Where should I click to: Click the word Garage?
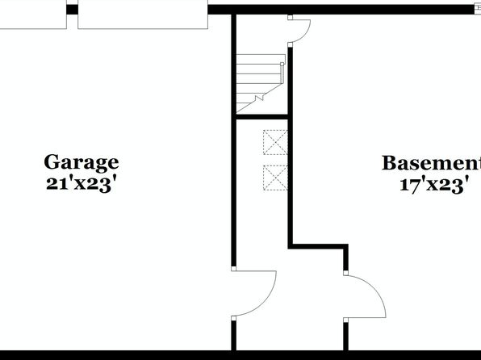pos(82,163)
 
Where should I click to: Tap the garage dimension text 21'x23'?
pos(82,184)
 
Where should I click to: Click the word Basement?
pos(431,163)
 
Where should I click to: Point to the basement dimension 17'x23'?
pos(434,185)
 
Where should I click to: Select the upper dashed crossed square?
pos(275,142)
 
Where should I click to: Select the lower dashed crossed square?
pos(275,178)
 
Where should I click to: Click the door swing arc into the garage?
pos(267,301)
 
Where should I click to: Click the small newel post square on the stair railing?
pos(282,64)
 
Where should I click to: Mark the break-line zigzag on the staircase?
pos(260,98)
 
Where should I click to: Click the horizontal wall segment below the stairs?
pos(262,116)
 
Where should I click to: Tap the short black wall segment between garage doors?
pos(72,10)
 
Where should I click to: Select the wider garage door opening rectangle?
pos(143,15)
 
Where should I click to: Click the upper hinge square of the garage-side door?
pos(233,269)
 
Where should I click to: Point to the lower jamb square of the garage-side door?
pos(233,318)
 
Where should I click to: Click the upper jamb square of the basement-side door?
pos(345,273)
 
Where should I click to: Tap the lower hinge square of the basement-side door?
pos(345,320)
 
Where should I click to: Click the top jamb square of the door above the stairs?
pos(291,18)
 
